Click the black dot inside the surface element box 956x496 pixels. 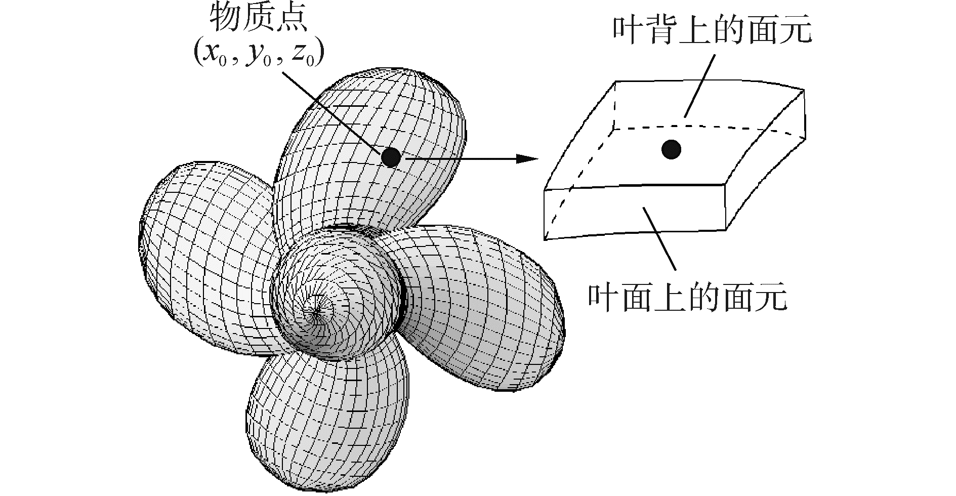[671, 149]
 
